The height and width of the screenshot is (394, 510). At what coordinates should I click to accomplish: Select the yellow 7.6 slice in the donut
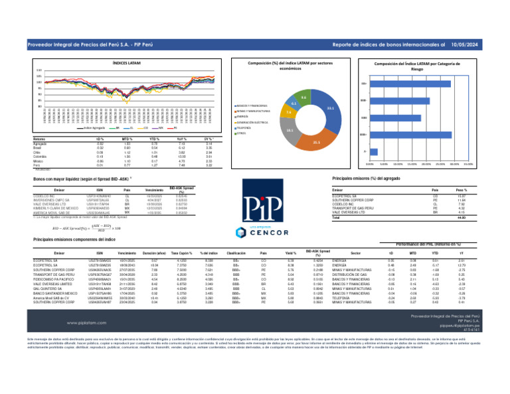click(x=289, y=112)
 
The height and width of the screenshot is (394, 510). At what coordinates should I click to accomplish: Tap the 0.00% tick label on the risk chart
click(x=371, y=164)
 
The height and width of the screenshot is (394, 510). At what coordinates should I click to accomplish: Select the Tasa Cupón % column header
click(x=176, y=253)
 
